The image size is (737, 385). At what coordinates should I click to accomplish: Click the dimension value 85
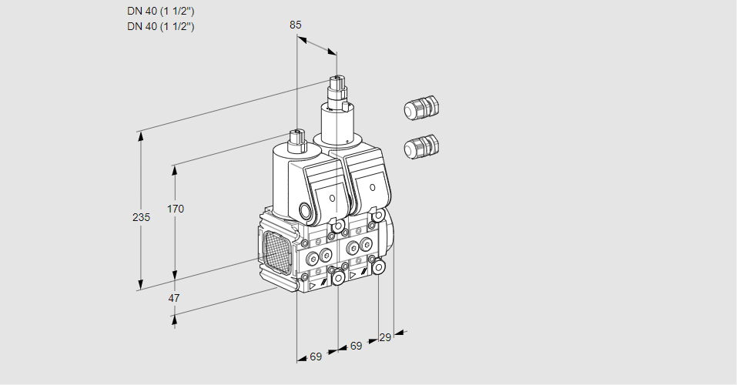pos(296,25)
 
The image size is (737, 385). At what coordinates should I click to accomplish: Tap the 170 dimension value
pos(176,209)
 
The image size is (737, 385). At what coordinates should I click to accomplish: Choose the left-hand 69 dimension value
pos(316,357)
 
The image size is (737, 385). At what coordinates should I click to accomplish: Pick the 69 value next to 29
pos(356,346)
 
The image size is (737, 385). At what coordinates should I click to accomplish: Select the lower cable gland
pos(420,146)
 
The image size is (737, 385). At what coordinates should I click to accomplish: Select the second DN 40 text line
pos(160,26)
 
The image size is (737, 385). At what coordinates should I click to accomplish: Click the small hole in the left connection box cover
pos(332,199)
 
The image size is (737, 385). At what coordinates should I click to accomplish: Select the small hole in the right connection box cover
pos(373,186)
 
